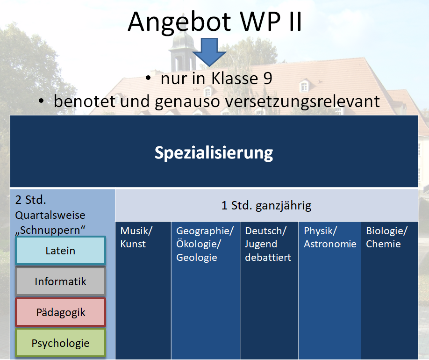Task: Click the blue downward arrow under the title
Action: pyautogui.click(x=209, y=52)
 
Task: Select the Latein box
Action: pyautogui.click(x=60, y=251)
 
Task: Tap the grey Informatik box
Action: pyautogui.click(x=60, y=281)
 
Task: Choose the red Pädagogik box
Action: pyautogui.click(x=60, y=312)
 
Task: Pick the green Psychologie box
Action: pyautogui.click(x=60, y=343)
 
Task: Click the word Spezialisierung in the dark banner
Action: pyautogui.click(x=214, y=153)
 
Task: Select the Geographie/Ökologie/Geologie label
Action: pyautogui.click(x=205, y=244)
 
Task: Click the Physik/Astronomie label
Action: pyautogui.click(x=330, y=237)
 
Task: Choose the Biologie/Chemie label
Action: pyautogui.click(x=386, y=237)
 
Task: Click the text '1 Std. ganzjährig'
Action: pyautogui.click(x=266, y=205)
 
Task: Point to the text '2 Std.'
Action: pyautogui.click(x=31, y=200)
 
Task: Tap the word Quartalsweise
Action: pyautogui.click(x=50, y=215)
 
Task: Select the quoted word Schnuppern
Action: pyautogui.click(x=52, y=230)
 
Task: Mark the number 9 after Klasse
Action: pyautogui.click(x=266, y=79)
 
